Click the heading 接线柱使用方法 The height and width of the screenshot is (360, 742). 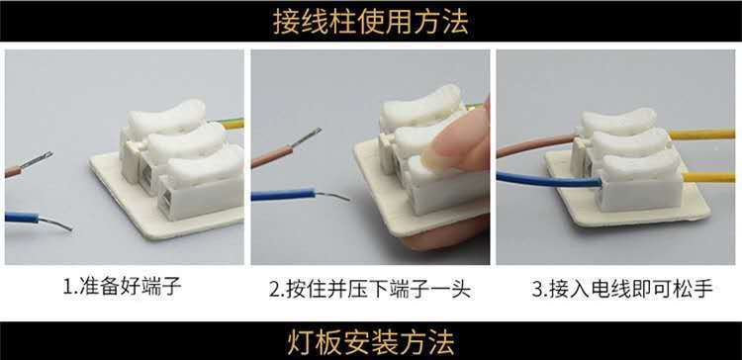[x=371, y=22]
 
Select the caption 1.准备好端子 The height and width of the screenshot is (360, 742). [x=122, y=287]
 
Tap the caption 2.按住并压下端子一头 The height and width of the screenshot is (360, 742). [x=370, y=289]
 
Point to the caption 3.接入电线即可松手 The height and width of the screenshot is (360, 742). [x=622, y=289]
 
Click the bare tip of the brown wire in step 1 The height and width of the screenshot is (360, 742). [x=37, y=159]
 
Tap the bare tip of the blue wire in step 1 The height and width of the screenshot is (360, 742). [x=55, y=224]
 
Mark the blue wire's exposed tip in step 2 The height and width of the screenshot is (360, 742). [x=332, y=196]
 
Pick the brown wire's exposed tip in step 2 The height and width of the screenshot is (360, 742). [x=306, y=136]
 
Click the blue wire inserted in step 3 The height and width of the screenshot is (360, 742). [x=549, y=180]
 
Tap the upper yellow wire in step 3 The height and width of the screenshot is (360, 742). [x=701, y=135]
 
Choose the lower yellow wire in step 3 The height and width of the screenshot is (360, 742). [x=708, y=177]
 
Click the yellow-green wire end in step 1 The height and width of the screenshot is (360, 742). [x=232, y=124]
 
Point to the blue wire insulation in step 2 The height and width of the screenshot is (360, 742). [x=283, y=194]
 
